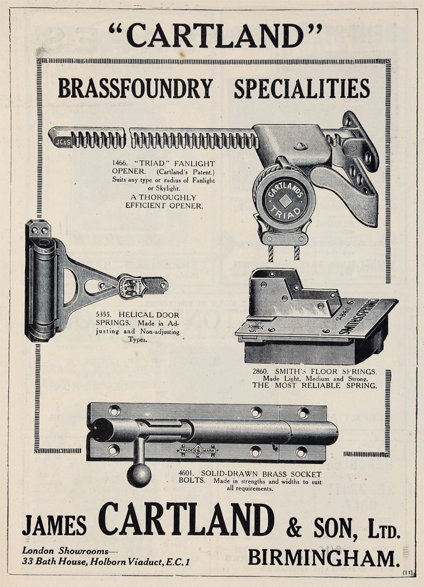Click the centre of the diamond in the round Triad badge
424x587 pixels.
[x=285, y=201]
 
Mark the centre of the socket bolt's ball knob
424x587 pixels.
[x=139, y=475]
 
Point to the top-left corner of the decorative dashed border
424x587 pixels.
[x=37, y=59]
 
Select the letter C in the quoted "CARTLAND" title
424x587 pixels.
[x=140, y=36]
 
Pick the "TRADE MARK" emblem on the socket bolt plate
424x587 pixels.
[x=197, y=450]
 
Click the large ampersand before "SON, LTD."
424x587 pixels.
[x=294, y=528]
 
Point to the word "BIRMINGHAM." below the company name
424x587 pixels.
[x=324, y=558]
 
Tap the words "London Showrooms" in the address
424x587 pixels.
[x=65, y=551]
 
